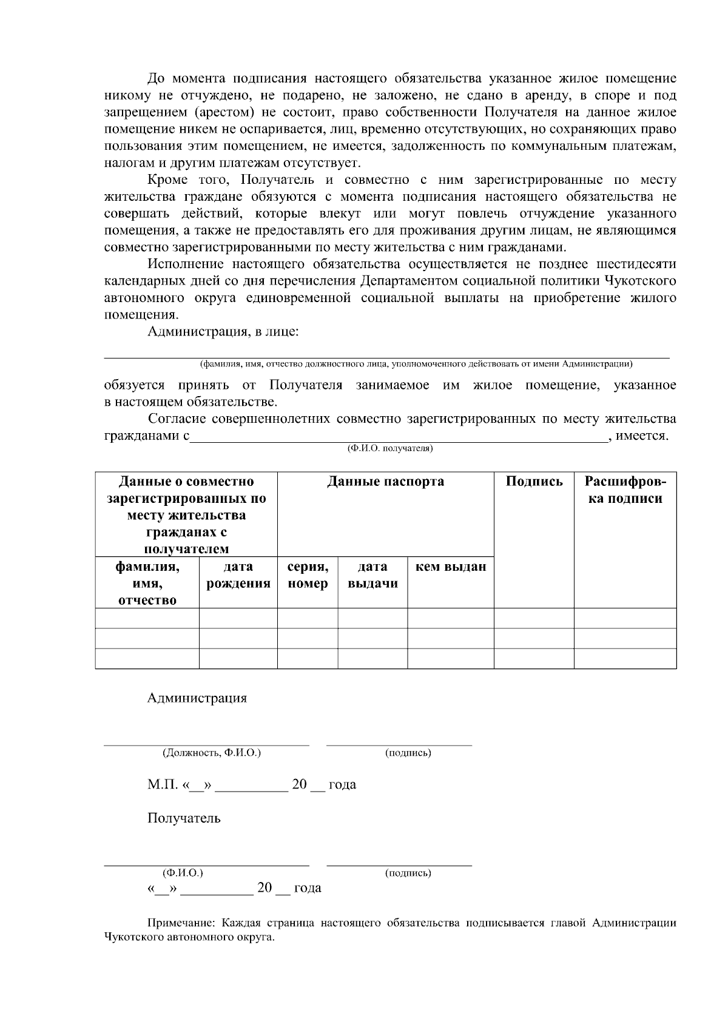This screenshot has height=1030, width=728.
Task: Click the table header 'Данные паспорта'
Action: coord(385,482)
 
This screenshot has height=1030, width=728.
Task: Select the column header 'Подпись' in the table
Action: coord(534,482)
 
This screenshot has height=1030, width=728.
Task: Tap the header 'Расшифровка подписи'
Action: coord(625,490)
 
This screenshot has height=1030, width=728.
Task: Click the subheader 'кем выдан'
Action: coord(450,567)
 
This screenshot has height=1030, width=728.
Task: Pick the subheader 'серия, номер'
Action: coord(308,575)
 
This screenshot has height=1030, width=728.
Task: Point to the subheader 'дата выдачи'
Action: coord(372,575)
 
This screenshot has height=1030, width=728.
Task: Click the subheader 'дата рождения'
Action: coord(238,575)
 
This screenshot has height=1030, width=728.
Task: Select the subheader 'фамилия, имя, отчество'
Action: coord(147,583)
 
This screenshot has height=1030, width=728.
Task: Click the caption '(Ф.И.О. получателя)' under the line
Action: coord(389,448)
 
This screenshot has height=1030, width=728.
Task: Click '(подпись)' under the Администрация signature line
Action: coord(408,753)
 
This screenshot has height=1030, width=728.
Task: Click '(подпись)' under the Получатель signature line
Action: coord(408,873)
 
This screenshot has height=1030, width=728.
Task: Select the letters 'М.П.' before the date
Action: coord(161,784)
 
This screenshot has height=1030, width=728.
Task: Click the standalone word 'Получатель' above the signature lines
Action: coord(184,818)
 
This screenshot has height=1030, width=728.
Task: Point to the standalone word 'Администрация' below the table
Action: coord(197,698)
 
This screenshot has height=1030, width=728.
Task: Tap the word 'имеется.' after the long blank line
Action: coord(642,436)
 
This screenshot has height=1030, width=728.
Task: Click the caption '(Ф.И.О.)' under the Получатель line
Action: coord(183,873)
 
